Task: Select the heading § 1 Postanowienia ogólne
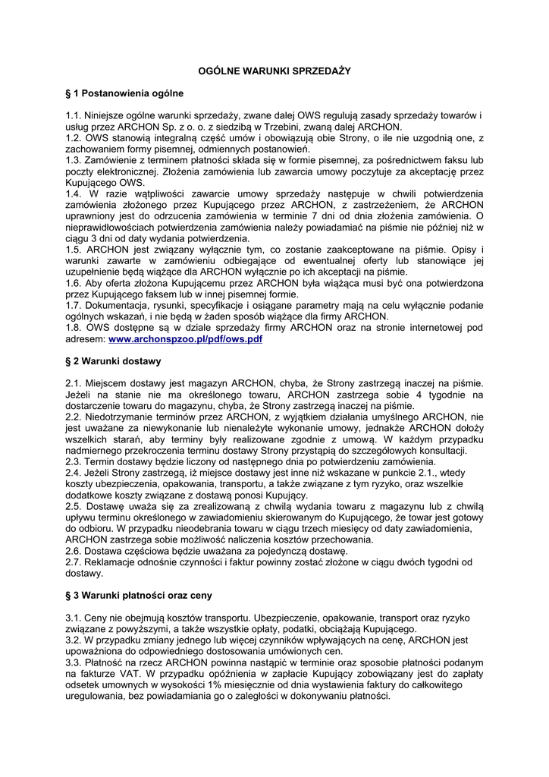(x=124, y=93)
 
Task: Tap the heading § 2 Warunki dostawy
(x=113, y=360)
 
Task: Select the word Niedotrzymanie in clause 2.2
(x=123, y=417)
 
